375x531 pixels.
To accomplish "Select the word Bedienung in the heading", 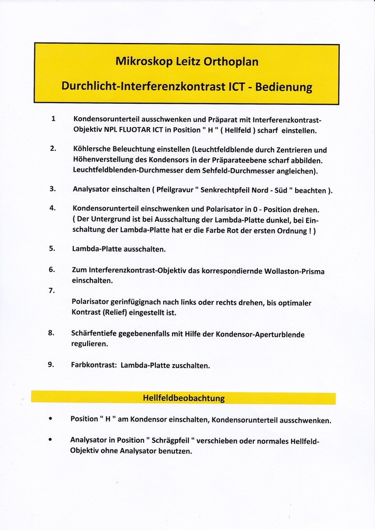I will pos(283,87).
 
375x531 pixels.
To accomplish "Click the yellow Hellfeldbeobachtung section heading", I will pos(183,398).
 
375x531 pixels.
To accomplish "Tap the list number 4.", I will pos(53,208).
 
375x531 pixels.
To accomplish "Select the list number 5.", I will pos(52,248).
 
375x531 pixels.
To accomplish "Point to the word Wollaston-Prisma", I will pos(294,271).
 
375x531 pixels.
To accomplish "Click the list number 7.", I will pos(52,290).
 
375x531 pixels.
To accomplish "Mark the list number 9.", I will pos(51,364).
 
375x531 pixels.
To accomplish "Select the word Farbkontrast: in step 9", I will pos(93,365).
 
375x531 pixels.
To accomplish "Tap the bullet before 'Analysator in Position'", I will pos(50,439).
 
